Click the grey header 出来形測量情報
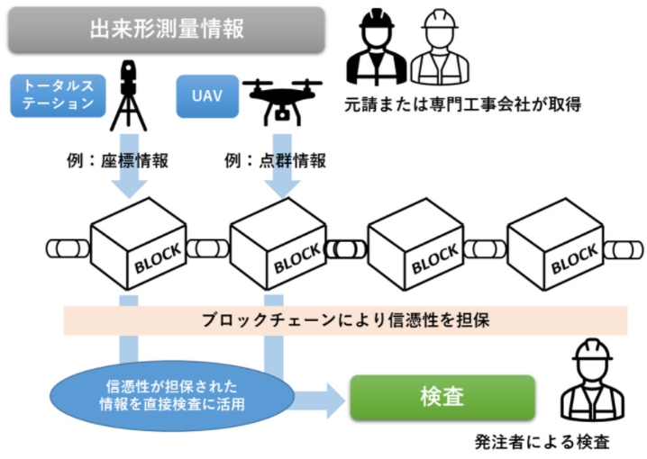click(x=167, y=30)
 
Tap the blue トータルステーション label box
click(x=59, y=95)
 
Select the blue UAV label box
click(x=207, y=96)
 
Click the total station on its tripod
click(x=128, y=95)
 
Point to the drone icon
click(x=282, y=102)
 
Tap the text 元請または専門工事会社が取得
click(x=463, y=104)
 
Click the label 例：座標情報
click(x=118, y=161)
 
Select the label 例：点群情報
click(x=275, y=161)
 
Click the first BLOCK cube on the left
click(x=138, y=244)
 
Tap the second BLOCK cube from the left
click(x=278, y=244)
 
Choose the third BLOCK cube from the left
click(x=415, y=244)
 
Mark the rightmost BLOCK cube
click(x=555, y=244)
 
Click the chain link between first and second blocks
click(x=207, y=248)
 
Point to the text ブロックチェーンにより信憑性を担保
click(x=346, y=320)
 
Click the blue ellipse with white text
click(x=172, y=396)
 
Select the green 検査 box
click(x=442, y=397)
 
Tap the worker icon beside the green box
click(x=592, y=380)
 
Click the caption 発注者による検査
click(x=542, y=442)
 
